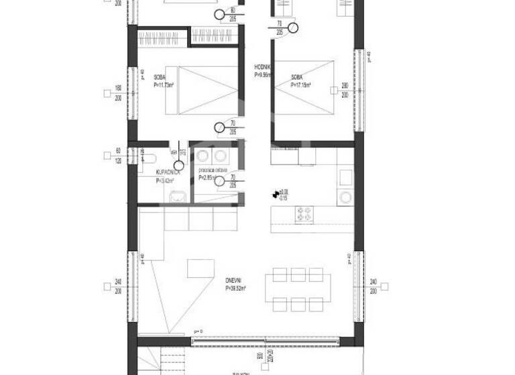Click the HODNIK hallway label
coord(262,68)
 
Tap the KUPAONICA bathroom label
coord(159,173)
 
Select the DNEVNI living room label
coord(237,282)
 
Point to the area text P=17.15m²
coord(302,85)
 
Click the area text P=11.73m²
coord(164,85)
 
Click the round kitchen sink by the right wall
coord(345,197)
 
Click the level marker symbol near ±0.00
coord(274,194)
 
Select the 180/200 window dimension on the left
coord(118,92)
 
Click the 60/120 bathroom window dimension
coord(118,156)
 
